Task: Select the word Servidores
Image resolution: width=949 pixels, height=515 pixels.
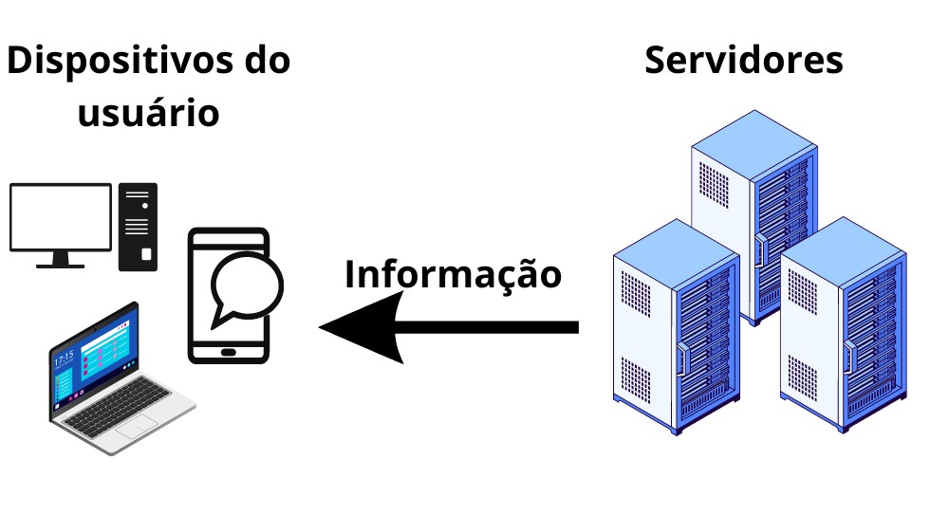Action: (x=743, y=60)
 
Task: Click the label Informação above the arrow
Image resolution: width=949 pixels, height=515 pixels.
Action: (x=453, y=274)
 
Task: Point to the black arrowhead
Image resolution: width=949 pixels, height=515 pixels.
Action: (x=364, y=327)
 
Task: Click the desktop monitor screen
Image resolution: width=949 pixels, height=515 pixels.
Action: (x=61, y=217)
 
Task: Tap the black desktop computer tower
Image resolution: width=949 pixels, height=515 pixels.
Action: (x=138, y=227)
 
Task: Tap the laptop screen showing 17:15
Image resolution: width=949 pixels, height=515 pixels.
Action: (x=94, y=361)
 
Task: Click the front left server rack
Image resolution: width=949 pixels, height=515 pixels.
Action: (x=676, y=332)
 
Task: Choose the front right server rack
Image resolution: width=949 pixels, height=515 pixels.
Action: (x=843, y=327)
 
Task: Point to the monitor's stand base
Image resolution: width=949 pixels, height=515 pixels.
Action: (x=61, y=265)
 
